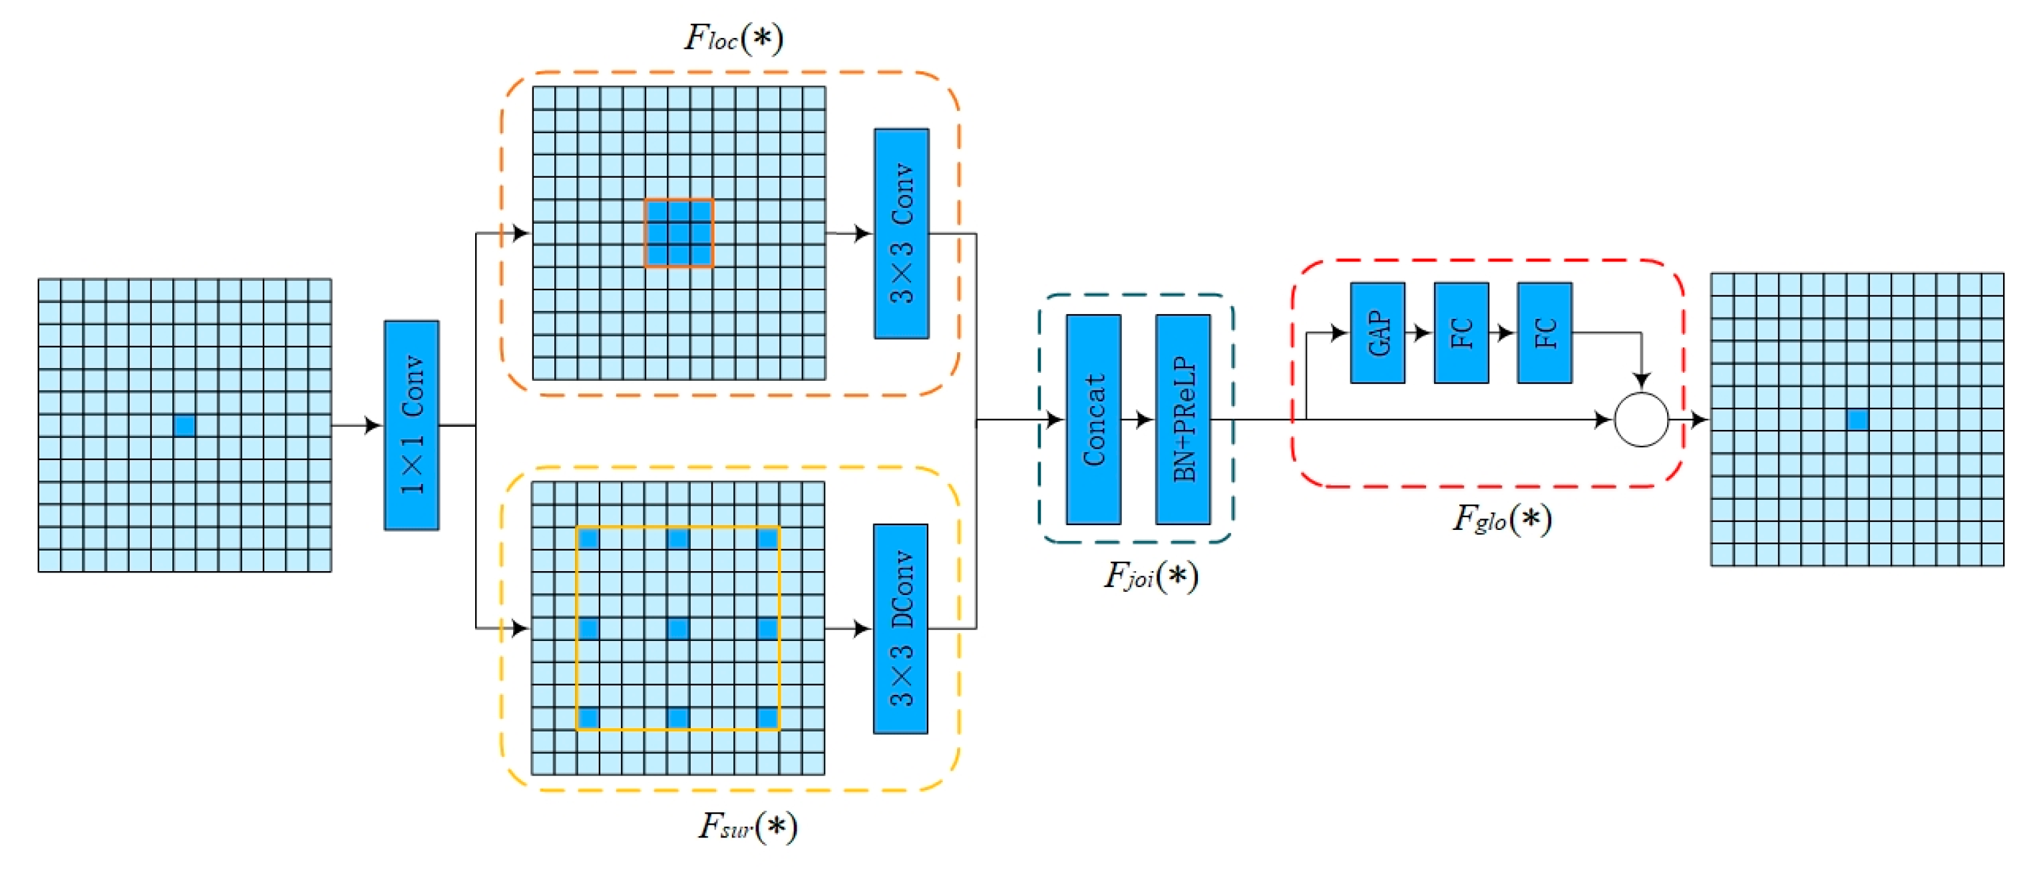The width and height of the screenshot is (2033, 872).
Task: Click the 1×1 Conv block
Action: click(x=411, y=425)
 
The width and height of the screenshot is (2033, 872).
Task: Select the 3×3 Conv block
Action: click(x=901, y=234)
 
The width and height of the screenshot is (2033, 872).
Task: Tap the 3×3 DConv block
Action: click(x=900, y=629)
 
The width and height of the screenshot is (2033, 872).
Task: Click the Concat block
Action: click(x=1094, y=419)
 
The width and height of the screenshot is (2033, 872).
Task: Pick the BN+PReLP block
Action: click(x=1183, y=419)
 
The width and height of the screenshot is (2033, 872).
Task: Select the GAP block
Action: click(x=1377, y=333)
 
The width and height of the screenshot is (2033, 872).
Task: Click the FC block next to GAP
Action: click(x=1461, y=333)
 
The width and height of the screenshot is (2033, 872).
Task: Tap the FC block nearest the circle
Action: click(x=1545, y=333)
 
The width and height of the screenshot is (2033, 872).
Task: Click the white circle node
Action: click(x=1642, y=420)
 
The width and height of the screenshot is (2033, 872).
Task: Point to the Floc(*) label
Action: click(x=734, y=38)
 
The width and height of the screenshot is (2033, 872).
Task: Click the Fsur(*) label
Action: click(x=747, y=827)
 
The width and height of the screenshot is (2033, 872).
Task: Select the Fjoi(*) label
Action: click(x=1151, y=576)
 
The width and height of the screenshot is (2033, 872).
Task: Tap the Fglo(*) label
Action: click(x=1502, y=519)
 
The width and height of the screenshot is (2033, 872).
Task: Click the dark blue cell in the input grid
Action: click(x=185, y=426)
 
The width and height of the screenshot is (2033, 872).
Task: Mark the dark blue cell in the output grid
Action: click(x=1858, y=420)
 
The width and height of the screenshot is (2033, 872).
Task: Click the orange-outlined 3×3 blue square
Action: click(x=679, y=234)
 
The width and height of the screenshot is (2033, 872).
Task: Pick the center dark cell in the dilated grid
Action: click(x=678, y=629)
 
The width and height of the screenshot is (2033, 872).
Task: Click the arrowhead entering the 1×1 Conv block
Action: click(x=373, y=425)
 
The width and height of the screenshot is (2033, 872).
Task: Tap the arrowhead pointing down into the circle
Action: click(x=1642, y=380)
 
